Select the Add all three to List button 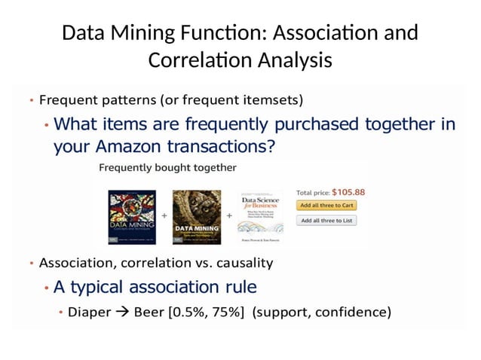[x=326, y=221]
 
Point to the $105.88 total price [x=348, y=191]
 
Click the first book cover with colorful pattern [x=132, y=216]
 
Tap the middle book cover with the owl [x=196, y=216]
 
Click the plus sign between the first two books [x=164, y=215]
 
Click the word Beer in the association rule [x=149, y=312]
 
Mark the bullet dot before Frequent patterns [x=31, y=100]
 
